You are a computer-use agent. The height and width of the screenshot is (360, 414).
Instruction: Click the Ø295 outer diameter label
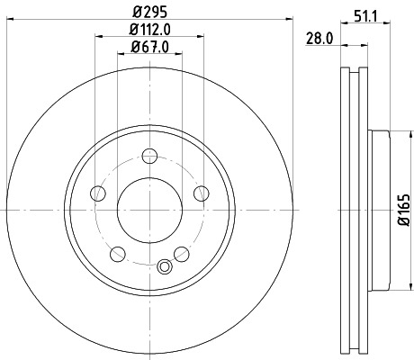pyautogui.click(x=151, y=13)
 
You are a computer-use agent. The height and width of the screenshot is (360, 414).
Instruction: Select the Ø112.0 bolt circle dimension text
pyautogui.click(x=151, y=31)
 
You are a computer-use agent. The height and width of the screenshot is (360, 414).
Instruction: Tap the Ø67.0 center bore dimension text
pyautogui.click(x=151, y=48)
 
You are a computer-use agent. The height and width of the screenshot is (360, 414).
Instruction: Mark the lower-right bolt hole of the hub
pyautogui.click(x=183, y=252)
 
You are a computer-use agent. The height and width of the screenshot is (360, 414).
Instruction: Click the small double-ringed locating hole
pyautogui.click(x=163, y=266)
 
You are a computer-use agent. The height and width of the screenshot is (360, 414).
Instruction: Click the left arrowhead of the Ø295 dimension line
pyautogui.click(x=8, y=22)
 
